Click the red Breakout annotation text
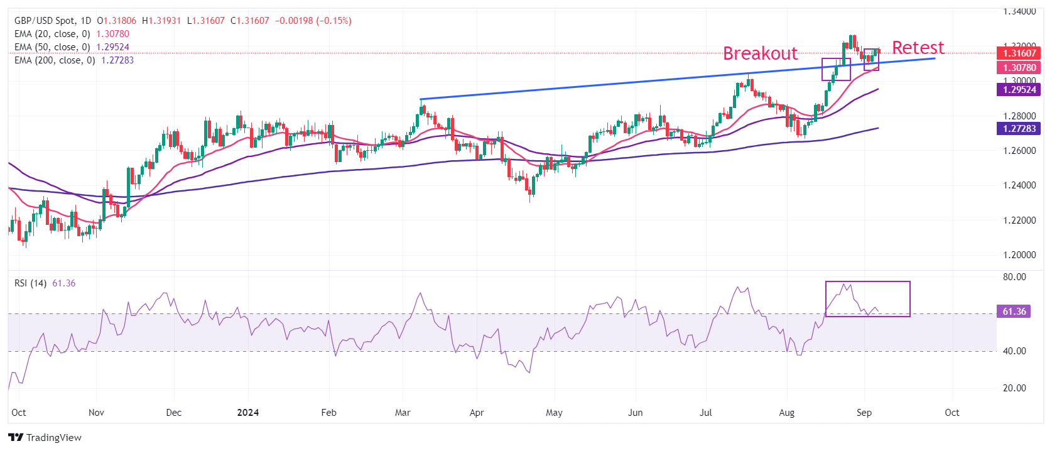pos(760,53)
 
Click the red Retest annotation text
pos(918,48)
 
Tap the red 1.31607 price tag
pos(1019,53)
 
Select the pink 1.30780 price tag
pos(1019,68)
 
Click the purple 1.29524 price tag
pos(1019,90)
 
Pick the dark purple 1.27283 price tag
pos(1019,129)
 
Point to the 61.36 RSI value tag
pos(1014,312)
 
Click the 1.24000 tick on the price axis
pos(1019,185)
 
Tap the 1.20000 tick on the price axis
pos(1019,255)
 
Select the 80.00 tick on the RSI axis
pos(1014,277)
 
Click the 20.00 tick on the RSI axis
pos(1014,388)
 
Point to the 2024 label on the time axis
pos(248,413)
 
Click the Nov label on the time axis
pos(96,413)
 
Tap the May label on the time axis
pos(554,413)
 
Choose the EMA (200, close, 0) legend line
pos(74,60)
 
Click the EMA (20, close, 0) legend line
pos(72,34)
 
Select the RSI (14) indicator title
pos(31,283)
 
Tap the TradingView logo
pos(45,437)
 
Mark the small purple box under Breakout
pos(836,69)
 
